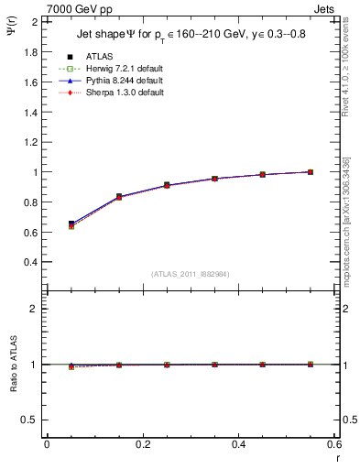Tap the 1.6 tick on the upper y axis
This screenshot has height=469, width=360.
tap(30, 82)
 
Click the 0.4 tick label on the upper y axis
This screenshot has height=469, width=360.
tap(30, 262)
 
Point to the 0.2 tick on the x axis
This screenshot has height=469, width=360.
tap(142, 444)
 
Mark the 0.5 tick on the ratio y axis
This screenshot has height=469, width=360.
tap(30, 420)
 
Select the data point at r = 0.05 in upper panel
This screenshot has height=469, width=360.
tap(71, 224)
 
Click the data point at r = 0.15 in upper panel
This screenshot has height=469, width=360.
tap(119, 197)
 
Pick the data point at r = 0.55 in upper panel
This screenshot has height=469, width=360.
tap(311, 172)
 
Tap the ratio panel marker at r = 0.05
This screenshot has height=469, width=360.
tap(71, 365)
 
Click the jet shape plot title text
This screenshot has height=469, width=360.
tap(191, 35)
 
